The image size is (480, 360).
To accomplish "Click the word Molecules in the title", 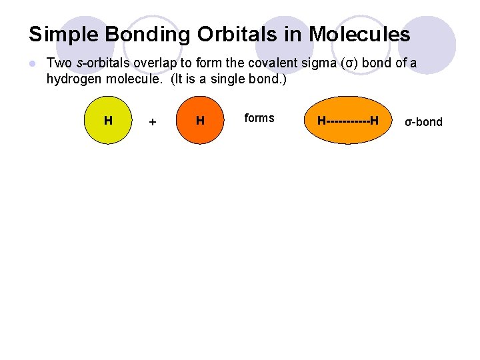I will point(358,34).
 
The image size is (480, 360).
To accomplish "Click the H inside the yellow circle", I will point(108,121).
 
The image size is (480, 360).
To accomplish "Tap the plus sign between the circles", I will point(153,122).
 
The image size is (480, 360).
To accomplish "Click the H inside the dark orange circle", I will point(200,121).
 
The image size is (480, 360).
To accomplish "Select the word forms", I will point(259,118).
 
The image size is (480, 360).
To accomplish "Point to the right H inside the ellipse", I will point(375,121).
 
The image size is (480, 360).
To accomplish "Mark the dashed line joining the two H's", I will point(348,121).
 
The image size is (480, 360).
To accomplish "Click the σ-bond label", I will point(424,122).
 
